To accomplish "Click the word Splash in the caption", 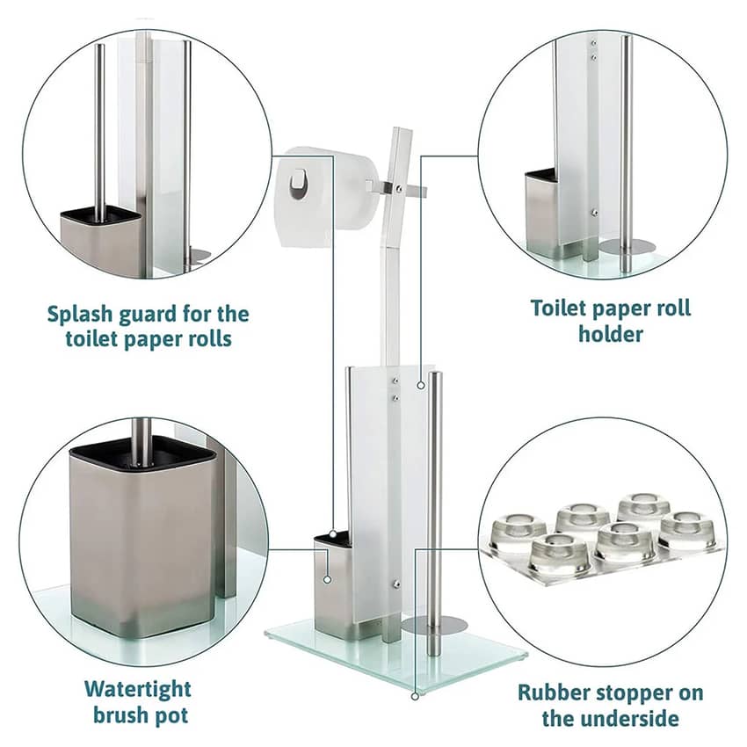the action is (x=79, y=315).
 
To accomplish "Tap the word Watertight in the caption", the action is (x=138, y=689).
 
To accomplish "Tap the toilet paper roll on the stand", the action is (x=325, y=195).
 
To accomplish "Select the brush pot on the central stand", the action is (x=335, y=585).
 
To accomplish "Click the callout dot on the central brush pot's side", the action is (x=327, y=579).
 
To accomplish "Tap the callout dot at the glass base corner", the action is (x=415, y=696).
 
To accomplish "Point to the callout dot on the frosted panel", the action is (x=421, y=385).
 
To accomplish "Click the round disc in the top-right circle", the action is (x=627, y=246).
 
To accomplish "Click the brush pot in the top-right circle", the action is (x=543, y=210).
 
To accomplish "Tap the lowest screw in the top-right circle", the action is (x=594, y=213).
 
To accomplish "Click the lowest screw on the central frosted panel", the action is (x=395, y=583).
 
